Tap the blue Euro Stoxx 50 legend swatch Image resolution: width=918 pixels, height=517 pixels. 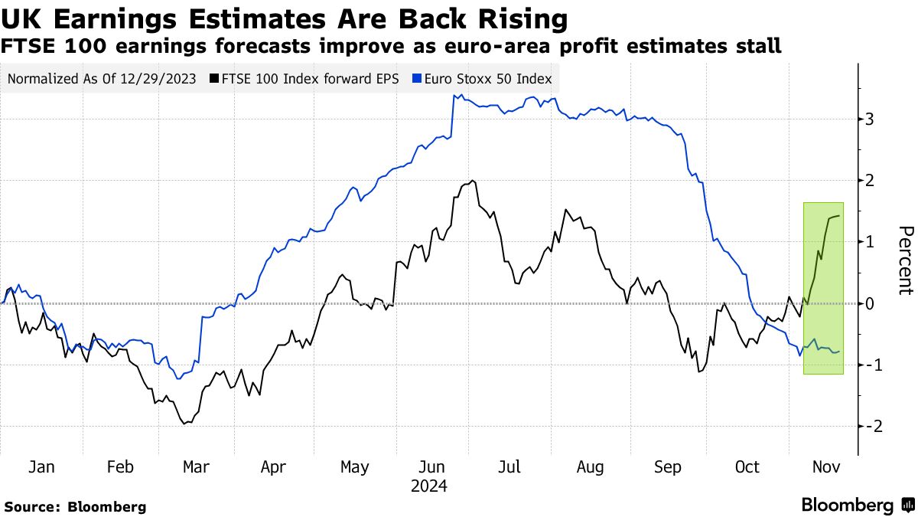click(x=416, y=78)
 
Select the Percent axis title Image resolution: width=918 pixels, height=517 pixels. click(x=905, y=260)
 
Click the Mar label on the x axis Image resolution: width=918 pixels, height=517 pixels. click(x=197, y=467)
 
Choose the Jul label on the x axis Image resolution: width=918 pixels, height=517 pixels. click(x=510, y=467)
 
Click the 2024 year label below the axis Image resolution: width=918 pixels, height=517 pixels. click(x=429, y=486)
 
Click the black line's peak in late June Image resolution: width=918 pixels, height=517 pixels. click(x=474, y=181)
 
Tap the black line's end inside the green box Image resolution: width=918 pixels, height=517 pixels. click(x=839, y=216)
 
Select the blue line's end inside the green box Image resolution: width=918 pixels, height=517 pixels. click(x=839, y=351)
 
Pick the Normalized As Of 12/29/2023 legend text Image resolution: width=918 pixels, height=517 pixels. click(x=101, y=78)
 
